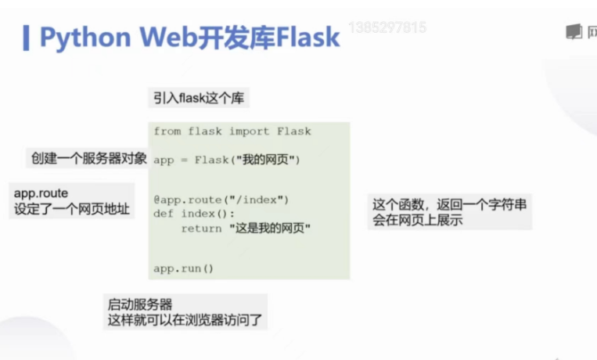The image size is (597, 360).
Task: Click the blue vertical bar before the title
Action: (27, 36)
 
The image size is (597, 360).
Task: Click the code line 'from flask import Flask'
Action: (232, 131)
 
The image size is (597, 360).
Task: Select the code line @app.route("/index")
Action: (221, 200)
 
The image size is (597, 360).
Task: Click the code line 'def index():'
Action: (194, 214)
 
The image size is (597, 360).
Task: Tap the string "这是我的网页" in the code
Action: (270, 228)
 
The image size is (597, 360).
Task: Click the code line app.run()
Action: (184, 268)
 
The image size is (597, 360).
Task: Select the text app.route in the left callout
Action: (41, 193)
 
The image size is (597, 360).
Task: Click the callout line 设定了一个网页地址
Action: (71, 209)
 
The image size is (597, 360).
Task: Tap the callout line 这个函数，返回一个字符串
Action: (449, 205)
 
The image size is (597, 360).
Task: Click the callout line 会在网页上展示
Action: (418, 221)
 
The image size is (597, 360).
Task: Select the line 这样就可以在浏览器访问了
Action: (185, 319)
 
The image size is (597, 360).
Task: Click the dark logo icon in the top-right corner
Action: (574, 32)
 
